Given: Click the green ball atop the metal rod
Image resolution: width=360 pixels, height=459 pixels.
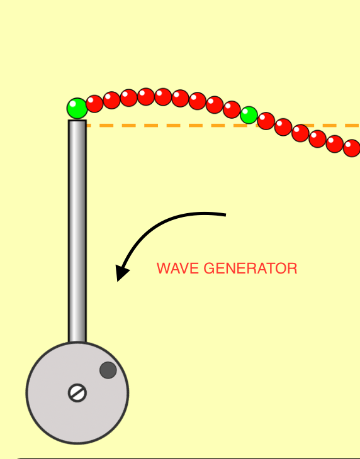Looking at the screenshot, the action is tap(77, 108).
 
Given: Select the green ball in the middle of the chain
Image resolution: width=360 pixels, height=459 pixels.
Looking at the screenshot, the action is tap(249, 115).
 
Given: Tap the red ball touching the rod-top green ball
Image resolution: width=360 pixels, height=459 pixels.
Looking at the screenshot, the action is tap(94, 104).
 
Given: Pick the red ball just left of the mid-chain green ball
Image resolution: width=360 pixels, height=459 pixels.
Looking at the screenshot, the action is tap(232, 109).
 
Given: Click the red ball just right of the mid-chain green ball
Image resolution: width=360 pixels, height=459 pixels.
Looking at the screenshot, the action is tap(266, 121).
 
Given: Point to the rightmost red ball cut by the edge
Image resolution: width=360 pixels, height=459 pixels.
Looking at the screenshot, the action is tap(352, 148).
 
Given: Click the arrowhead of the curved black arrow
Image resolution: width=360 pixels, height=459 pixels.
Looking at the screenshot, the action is tap(121, 272).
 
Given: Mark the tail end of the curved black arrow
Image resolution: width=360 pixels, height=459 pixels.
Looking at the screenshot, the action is tap(225, 215).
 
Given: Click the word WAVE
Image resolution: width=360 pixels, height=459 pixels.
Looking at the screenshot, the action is tap(177, 268).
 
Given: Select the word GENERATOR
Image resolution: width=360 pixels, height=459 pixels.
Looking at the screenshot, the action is tap(250, 268).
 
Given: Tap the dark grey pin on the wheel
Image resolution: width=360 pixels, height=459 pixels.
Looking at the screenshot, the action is tap(108, 370).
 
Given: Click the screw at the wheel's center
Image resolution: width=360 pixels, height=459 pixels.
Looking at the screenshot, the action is tap(77, 393).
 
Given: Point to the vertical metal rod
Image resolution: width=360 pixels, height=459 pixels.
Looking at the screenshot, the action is tap(77, 231).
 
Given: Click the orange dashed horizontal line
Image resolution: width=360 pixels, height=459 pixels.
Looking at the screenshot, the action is tap(223, 126).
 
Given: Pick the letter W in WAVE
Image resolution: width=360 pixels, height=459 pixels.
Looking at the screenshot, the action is tap(162, 268).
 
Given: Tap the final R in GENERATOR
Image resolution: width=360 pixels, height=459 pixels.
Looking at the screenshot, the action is tap(293, 268).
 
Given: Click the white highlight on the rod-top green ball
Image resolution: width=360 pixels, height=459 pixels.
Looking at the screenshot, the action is tap(72, 104).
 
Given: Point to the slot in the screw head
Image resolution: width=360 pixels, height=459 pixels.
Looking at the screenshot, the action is tap(77, 393).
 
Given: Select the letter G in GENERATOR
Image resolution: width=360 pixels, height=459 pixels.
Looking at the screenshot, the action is tap(208, 268).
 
